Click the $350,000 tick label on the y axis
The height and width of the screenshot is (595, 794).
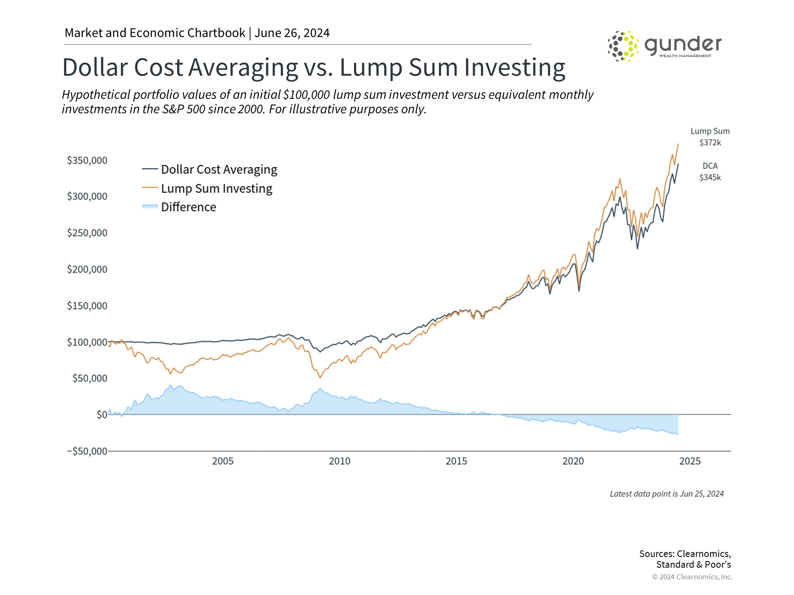(87, 160)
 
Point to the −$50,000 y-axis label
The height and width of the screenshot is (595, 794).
(87, 451)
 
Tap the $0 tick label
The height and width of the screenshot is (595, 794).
(102, 414)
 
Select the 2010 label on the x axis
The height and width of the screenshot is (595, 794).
(340, 461)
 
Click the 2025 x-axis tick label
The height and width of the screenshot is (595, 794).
(690, 461)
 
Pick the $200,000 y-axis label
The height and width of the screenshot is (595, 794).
(87, 269)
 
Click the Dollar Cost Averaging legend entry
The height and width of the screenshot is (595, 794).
(219, 169)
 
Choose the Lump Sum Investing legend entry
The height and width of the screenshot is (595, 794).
(216, 188)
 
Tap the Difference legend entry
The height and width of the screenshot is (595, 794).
(189, 207)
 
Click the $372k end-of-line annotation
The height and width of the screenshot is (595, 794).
(710, 143)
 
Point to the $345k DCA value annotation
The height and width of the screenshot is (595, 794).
(710, 178)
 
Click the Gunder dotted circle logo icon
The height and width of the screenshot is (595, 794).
(623, 46)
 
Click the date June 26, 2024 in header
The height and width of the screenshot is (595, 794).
(292, 33)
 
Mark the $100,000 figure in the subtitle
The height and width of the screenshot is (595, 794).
(306, 95)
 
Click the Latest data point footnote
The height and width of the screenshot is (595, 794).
(667, 494)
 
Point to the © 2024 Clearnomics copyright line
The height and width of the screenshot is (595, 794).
(692, 577)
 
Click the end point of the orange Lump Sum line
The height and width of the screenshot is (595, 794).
(678, 144)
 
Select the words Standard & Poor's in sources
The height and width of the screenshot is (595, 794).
(694, 565)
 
